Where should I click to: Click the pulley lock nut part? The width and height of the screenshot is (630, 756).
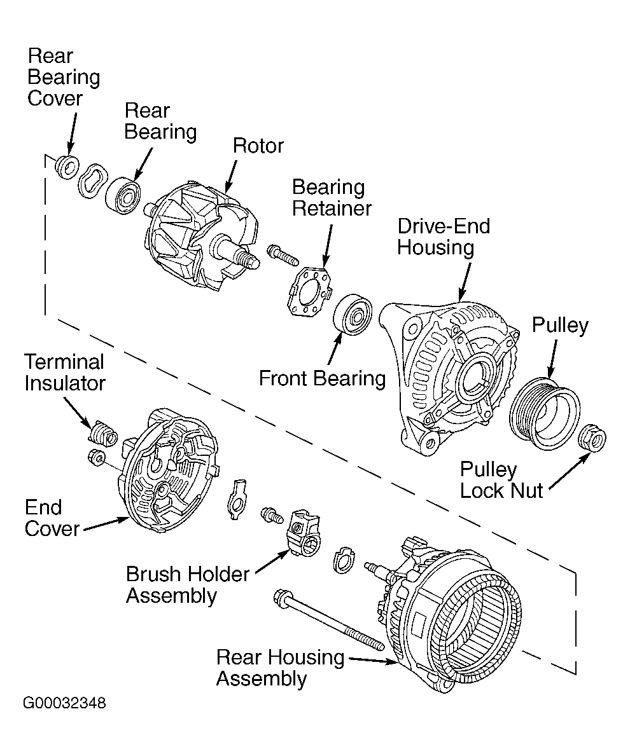pos(592,438)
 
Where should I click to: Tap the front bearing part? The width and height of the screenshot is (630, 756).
pos(353,314)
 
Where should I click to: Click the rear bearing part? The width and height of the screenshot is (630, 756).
pos(123,195)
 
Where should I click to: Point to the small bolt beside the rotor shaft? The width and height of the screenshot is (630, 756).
pos(282,254)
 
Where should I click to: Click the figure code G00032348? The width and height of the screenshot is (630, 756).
pos(64,703)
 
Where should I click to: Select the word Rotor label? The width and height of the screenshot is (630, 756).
pos(258,146)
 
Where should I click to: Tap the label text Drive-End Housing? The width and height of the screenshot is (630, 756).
pos(444,237)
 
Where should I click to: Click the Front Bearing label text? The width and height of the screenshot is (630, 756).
pos(322,378)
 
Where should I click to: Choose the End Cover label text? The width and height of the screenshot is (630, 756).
pos(52,518)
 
